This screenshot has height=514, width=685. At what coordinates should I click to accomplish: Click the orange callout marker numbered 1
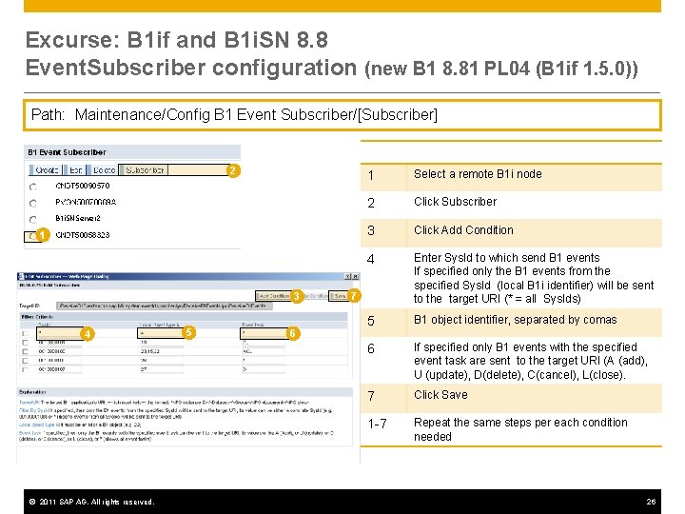tap(43, 235)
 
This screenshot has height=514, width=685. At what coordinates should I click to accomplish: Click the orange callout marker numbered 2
tap(231, 171)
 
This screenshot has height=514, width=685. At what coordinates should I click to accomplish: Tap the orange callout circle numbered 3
tap(298, 296)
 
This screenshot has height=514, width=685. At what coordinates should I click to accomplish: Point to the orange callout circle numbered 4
tap(87, 333)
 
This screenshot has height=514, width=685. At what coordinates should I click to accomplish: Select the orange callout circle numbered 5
tap(189, 332)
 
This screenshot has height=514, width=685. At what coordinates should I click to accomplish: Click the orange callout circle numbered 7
tap(353, 296)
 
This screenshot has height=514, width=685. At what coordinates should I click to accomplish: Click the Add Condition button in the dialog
tap(273, 296)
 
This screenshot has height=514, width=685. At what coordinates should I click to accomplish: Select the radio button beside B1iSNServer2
tap(33, 218)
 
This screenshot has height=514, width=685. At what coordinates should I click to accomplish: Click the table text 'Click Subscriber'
tap(455, 202)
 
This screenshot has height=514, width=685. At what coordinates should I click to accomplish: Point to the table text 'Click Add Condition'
tap(463, 230)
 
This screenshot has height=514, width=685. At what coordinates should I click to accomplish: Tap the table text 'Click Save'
tap(440, 395)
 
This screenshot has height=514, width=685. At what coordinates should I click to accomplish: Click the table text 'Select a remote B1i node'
tap(478, 174)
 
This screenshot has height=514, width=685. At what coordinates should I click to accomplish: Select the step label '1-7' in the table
tap(379, 423)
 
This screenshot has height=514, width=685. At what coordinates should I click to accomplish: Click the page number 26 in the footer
tap(651, 502)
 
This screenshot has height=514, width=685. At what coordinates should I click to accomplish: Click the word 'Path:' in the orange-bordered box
tap(49, 115)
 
